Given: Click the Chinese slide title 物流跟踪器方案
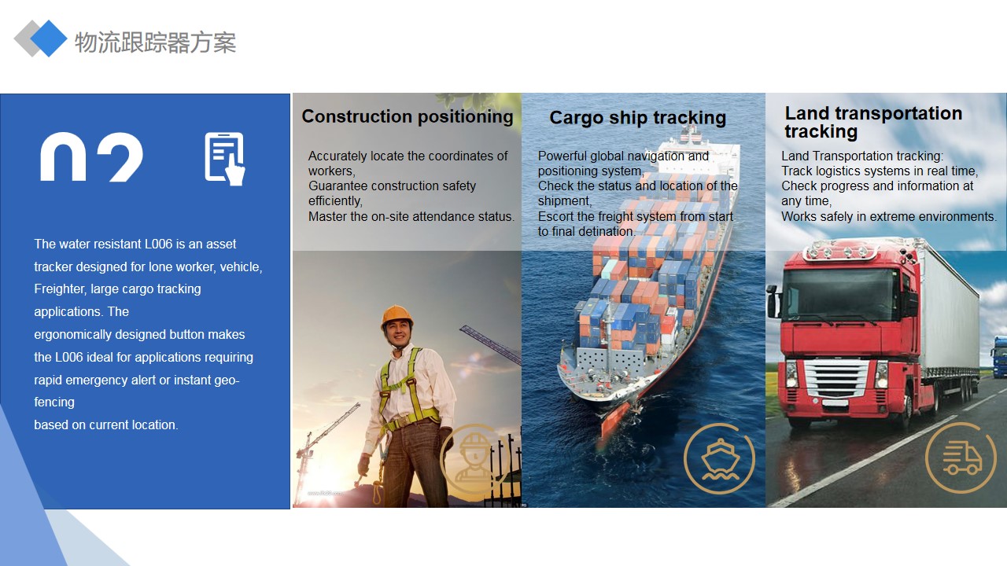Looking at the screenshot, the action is point(155,42).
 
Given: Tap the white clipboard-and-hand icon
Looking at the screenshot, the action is point(225,159).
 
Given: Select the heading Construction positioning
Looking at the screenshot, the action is point(408,117).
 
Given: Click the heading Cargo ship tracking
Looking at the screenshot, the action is point(637,118).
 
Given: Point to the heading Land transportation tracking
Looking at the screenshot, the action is point(873,122).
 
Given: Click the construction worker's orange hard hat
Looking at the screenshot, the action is point(397,317).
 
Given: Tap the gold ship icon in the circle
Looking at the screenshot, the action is point(720,459).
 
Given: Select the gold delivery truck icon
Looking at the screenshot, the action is point(961,458).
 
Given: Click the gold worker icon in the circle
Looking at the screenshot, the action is point(474,458).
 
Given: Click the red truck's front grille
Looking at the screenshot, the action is point(836,378).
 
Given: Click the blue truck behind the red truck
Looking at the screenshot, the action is point(999,357).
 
